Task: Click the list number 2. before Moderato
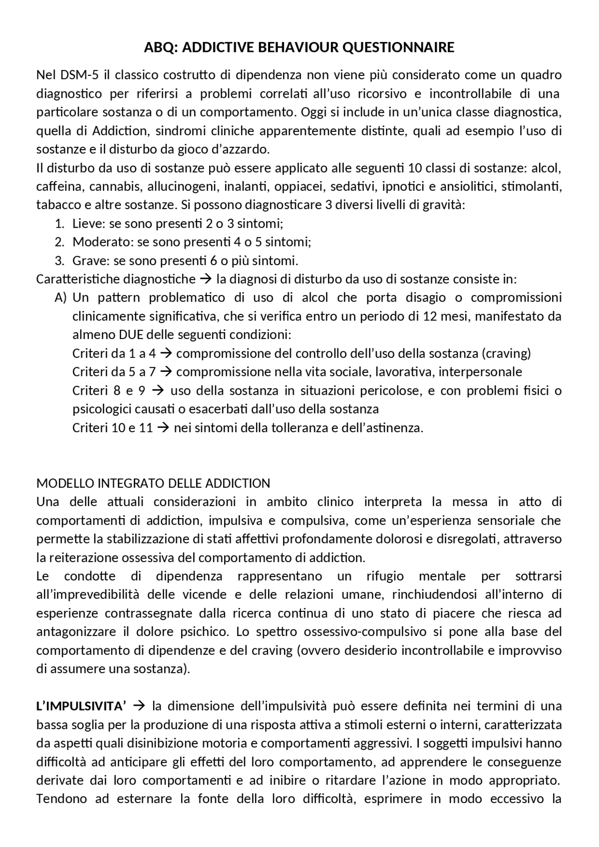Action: click(59, 242)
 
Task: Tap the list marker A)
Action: click(61, 298)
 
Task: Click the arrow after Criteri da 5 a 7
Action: click(166, 372)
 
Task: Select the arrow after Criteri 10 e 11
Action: click(163, 427)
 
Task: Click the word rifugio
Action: click(385, 576)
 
